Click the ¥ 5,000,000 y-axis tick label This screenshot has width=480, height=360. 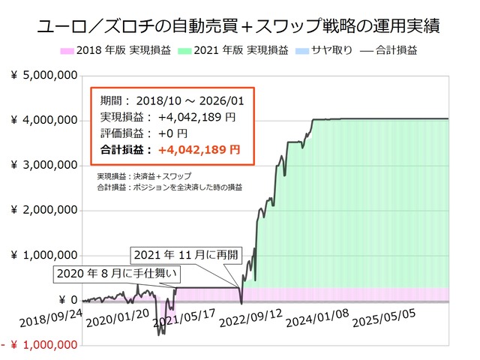[x=44, y=75]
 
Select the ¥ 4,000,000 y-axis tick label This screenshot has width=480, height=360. [x=44, y=120]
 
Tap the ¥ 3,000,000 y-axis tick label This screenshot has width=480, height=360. [x=44, y=165]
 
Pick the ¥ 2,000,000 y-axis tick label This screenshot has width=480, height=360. [x=44, y=210]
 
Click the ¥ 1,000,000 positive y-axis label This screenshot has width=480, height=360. [x=44, y=255]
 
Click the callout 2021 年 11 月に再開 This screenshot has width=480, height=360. [x=186, y=255]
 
